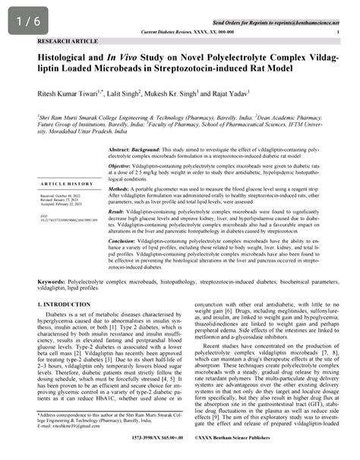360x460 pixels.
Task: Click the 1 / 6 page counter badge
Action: click(24, 22)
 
